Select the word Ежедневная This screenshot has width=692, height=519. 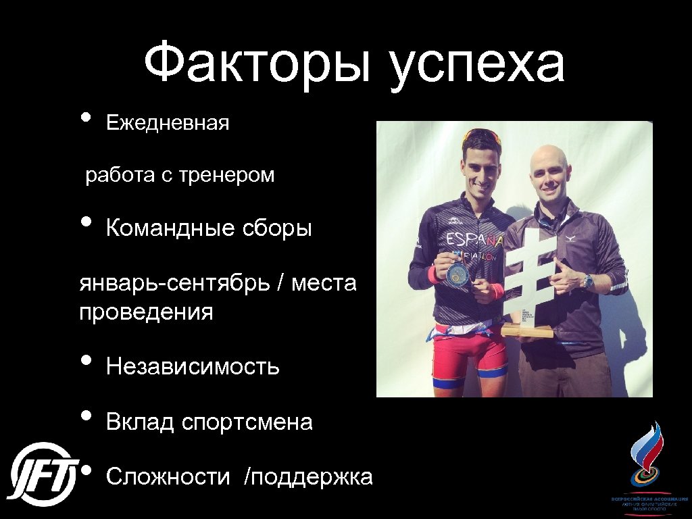[x=168, y=123]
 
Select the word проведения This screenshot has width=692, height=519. [x=146, y=312]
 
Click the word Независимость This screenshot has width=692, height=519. [x=193, y=367]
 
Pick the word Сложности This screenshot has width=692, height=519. [x=168, y=477]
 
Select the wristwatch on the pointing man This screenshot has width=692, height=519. [x=588, y=280]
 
